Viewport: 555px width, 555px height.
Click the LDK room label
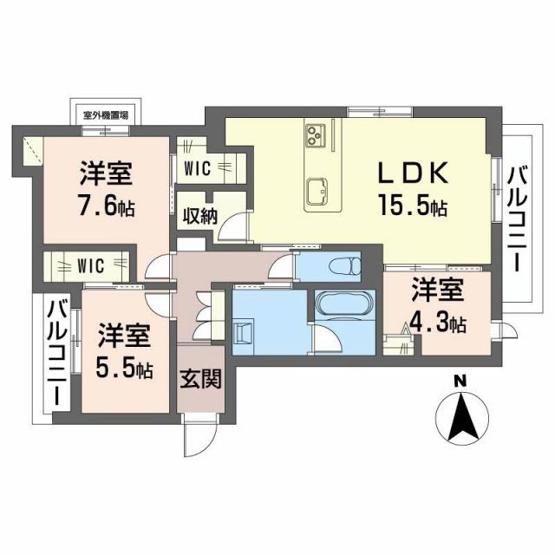tap(412, 173)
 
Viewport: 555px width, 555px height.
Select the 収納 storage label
tap(199, 217)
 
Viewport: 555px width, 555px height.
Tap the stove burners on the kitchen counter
tap(314, 134)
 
